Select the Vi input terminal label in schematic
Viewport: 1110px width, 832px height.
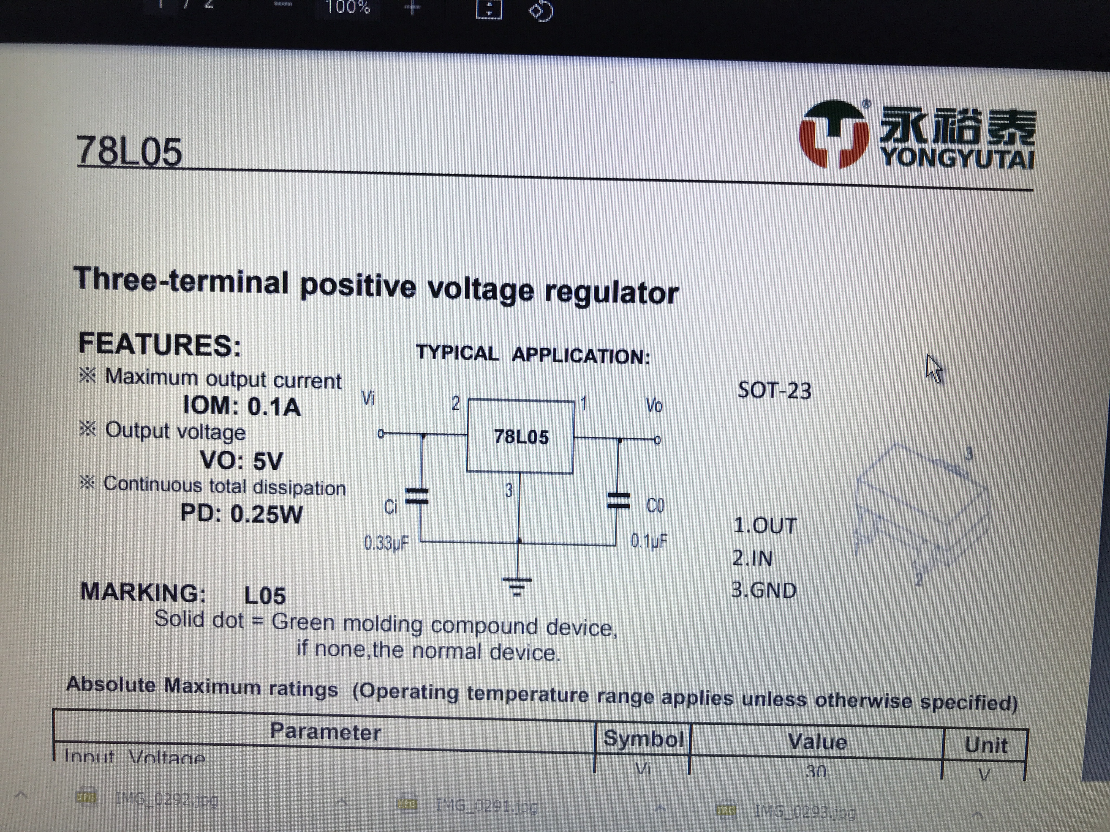pos(368,399)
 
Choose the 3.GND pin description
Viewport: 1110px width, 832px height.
pos(763,590)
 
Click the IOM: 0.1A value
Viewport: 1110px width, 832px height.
pos(242,406)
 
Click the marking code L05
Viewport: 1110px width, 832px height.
pos(265,596)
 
